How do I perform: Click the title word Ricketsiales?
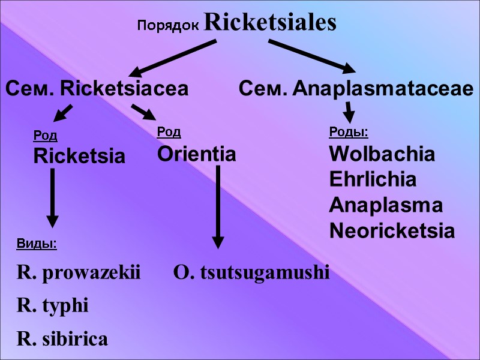270,23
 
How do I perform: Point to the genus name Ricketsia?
79,157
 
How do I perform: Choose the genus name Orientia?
196,154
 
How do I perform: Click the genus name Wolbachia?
382,154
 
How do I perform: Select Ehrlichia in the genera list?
373,179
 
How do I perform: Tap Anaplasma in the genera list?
386,205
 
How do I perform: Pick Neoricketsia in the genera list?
392,231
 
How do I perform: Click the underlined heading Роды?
348,131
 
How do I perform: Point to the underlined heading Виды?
36,244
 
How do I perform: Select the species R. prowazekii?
78,274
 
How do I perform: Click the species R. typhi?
53,307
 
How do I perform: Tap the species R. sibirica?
63,339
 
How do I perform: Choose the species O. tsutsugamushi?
251,274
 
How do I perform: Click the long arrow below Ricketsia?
53,197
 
